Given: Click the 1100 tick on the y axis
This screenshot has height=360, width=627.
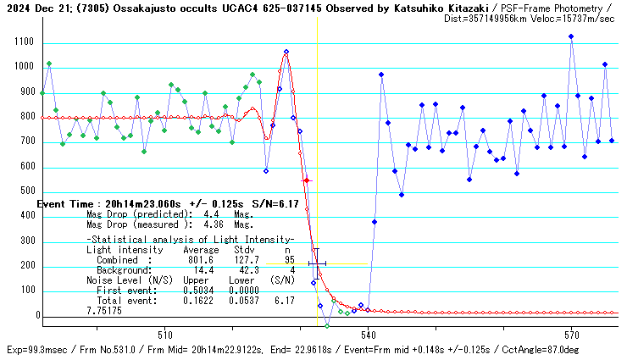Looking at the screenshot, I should tap(19, 42).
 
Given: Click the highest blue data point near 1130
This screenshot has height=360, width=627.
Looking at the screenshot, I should tap(571, 36).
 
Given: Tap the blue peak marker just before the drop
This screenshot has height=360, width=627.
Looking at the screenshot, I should tap(286, 52).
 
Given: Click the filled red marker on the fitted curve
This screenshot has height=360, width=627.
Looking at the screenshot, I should tap(307, 180).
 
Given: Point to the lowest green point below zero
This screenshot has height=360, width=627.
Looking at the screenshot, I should tap(327, 325).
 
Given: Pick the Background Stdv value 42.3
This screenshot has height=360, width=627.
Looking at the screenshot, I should tap(245, 270).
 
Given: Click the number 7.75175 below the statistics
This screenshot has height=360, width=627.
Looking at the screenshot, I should tap(104, 311).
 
